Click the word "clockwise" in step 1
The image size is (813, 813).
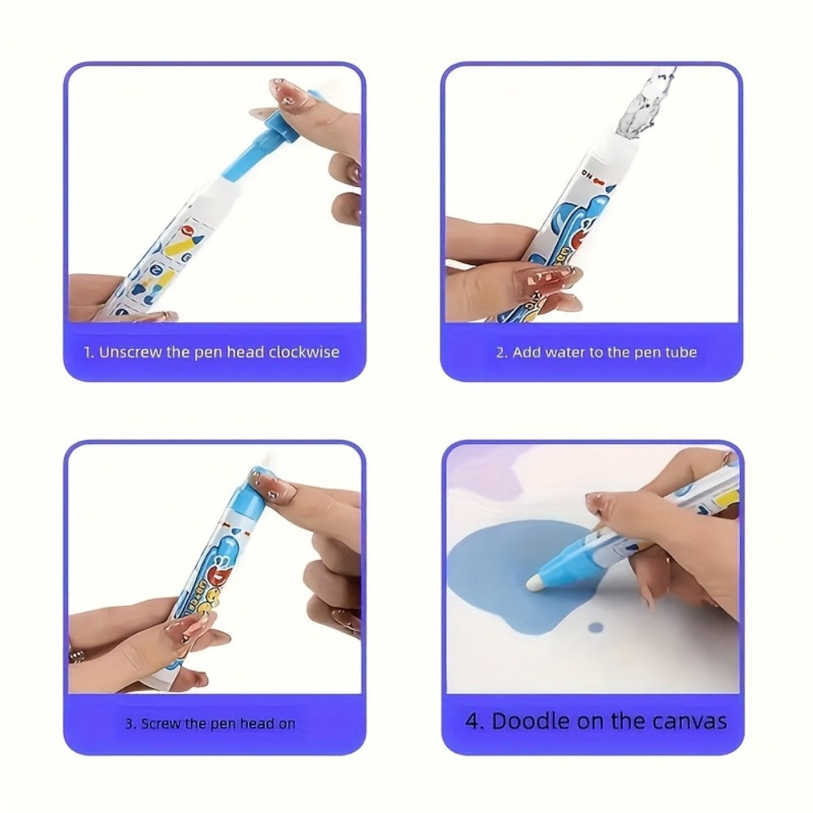click(304, 353)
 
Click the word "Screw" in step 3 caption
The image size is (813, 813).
click(160, 724)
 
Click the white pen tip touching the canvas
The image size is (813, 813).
click(533, 582)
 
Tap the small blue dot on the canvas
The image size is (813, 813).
click(596, 628)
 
